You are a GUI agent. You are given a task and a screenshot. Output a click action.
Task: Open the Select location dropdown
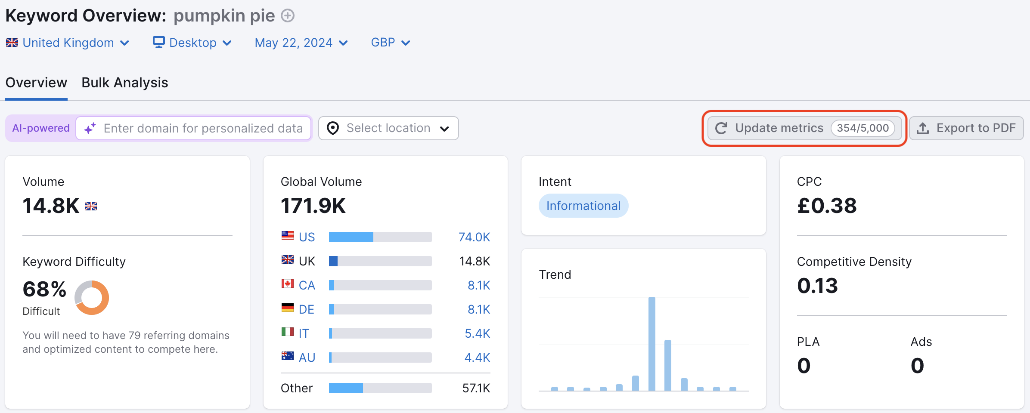click(x=388, y=128)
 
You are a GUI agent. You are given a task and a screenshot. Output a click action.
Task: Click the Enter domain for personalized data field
click(x=202, y=128)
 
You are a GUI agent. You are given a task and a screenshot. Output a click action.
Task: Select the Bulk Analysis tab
click(x=125, y=83)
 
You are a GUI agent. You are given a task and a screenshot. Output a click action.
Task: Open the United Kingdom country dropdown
click(x=68, y=43)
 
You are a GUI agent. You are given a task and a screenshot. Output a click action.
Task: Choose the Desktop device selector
click(x=192, y=43)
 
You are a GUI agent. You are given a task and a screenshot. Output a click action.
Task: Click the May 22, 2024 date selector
click(x=301, y=43)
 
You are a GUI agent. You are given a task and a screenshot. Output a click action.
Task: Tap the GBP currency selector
click(x=390, y=43)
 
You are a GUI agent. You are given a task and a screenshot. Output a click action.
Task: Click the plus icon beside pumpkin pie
click(x=288, y=16)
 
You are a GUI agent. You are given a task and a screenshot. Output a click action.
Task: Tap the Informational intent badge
click(x=583, y=206)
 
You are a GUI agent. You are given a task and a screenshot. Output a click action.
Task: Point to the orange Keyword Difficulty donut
click(x=92, y=298)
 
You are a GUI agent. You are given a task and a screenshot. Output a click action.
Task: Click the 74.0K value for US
click(x=474, y=237)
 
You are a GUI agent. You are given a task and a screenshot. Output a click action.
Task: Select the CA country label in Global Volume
click(x=307, y=285)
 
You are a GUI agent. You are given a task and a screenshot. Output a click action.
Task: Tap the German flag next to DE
click(x=287, y=308)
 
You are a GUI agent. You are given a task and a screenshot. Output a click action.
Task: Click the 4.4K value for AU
click(x=477, y=358)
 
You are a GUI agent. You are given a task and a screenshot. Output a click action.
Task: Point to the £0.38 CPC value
click(x=827, y=206)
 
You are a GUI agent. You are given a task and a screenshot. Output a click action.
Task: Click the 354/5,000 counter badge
click(x=862, y=128)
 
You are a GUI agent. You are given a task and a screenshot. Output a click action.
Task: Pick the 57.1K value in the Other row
click(x=476, y=388)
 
